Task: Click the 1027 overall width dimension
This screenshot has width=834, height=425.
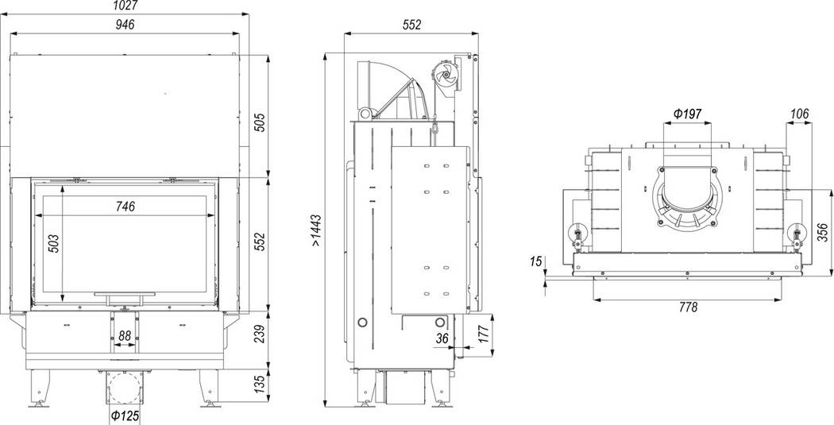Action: click(125, 6)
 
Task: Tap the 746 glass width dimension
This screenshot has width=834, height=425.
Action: click(125, 207)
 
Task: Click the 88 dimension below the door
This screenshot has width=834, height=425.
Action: click(125, 336)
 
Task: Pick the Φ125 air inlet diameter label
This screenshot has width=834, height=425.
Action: click(125, 415)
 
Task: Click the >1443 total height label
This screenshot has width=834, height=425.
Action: click(316, 230)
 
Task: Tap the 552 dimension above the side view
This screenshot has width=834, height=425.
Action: click(411, 25)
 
